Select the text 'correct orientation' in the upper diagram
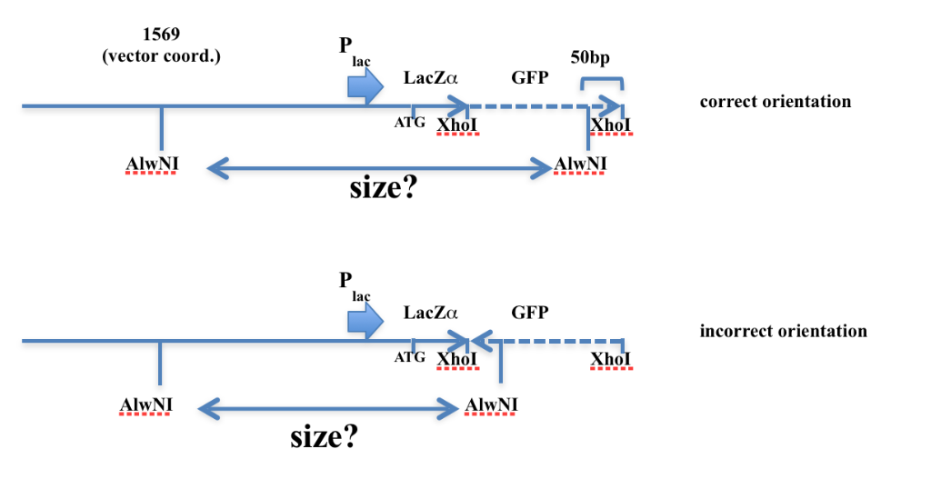[775, 101]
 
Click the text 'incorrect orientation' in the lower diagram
[783, 331]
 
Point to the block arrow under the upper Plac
[365, 86]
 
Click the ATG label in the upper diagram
[409, 123]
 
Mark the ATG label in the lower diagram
[409, 357]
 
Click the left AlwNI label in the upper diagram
[151, 165]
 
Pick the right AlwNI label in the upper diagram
[581, 165]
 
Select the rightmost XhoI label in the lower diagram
[611, 360]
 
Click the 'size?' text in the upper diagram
[383, 188]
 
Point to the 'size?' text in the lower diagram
[324, 436]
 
